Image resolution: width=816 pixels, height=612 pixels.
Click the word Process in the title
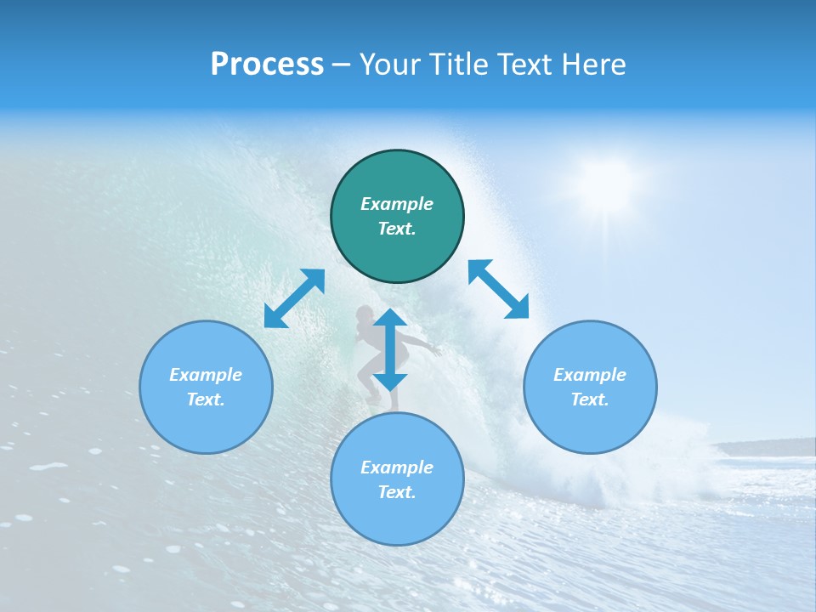click(x=267, y=65)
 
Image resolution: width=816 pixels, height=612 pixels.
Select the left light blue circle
click(x=206, y=387)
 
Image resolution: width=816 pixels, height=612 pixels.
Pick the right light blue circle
click(x=590, y=387)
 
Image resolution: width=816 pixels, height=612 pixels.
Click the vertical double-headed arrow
click(x=390, y=349)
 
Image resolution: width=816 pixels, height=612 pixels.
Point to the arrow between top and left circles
click(x=294, y=298)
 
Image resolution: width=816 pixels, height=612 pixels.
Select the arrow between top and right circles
click(x=499, y=289)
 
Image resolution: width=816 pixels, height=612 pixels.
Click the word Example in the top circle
click(x=397, y=204)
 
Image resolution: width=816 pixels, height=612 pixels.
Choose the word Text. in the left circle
click(x=206, y=399)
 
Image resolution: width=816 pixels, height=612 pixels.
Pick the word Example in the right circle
click(x=590, y=375)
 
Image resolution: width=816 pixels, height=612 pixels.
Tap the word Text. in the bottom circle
click(x=397, y=492)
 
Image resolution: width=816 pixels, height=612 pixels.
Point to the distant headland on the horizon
click(x=761, y=447)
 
